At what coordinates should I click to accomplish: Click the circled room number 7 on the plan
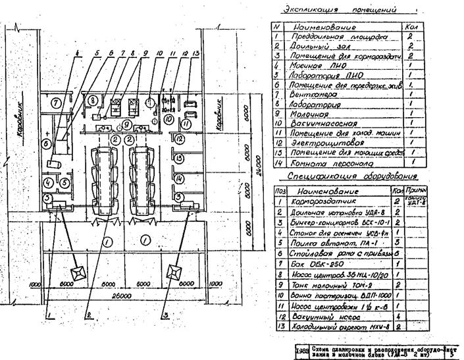(56, 102)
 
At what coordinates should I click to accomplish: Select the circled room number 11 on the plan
(186, 123)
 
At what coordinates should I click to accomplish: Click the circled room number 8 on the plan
(94, 100)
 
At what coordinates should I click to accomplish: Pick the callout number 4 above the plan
(77, 53)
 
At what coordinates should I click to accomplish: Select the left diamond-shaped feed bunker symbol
(72, 272)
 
